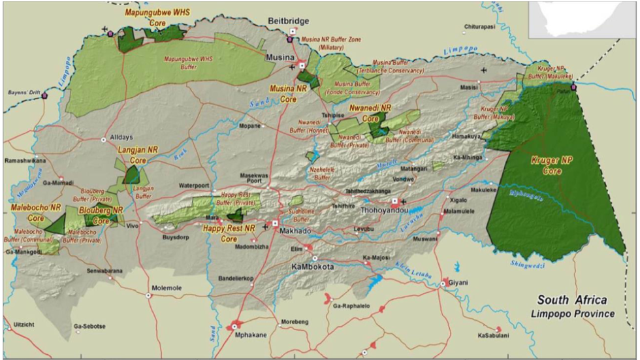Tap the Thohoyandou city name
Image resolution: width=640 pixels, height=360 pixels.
(390, 211)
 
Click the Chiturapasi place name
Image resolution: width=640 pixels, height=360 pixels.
(480, 27)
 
